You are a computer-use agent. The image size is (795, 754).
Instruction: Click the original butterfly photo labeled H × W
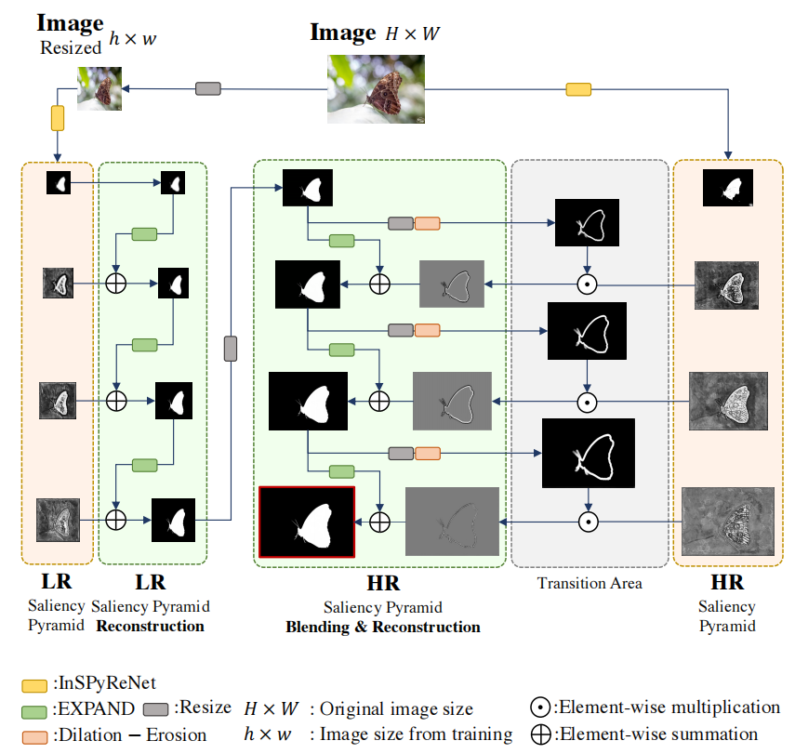376,89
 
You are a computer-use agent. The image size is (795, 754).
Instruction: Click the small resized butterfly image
99,88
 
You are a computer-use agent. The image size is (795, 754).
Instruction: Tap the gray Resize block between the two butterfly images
208,88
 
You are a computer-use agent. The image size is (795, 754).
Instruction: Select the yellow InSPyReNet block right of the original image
578,89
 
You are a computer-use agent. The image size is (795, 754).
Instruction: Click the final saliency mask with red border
307,521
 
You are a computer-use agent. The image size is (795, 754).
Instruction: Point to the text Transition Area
590,584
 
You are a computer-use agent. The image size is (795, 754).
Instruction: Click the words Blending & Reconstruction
382,627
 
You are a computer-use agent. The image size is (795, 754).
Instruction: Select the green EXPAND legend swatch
33,708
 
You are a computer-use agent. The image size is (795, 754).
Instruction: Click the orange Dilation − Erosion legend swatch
33,734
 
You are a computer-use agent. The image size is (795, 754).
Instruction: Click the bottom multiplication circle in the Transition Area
587,522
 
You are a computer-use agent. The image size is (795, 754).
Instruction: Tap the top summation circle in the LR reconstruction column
116,281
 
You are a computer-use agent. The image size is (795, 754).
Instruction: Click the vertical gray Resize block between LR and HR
231,349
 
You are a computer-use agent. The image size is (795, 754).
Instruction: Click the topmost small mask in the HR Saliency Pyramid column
727,187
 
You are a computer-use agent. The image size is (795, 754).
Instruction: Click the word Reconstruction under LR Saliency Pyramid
150,626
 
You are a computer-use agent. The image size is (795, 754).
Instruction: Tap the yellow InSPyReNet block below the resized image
58,118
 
